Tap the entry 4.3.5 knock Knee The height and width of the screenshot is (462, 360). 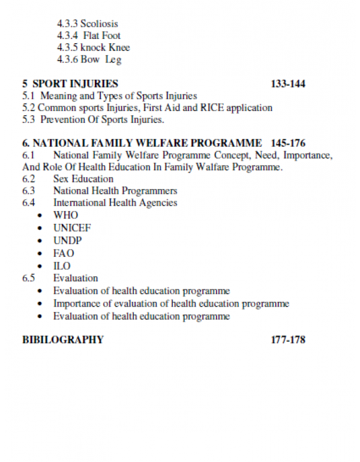(94, 48)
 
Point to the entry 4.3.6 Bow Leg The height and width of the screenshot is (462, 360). (89, 60)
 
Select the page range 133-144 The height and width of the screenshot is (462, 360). (288, 84)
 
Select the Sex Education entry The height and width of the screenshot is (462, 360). (83, 179)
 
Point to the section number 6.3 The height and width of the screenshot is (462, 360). (29, 191)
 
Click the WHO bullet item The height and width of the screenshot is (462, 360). (65, 215)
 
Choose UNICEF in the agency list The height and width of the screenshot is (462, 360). (72, 228)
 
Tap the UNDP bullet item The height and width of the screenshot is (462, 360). (67, 241)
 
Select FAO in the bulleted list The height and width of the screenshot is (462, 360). (64, 253)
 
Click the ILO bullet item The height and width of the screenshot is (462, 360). (62, 266)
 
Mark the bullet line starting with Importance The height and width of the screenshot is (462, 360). (171, 304)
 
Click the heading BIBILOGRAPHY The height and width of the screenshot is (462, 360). (63, 340)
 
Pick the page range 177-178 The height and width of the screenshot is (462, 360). (288, 340)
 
